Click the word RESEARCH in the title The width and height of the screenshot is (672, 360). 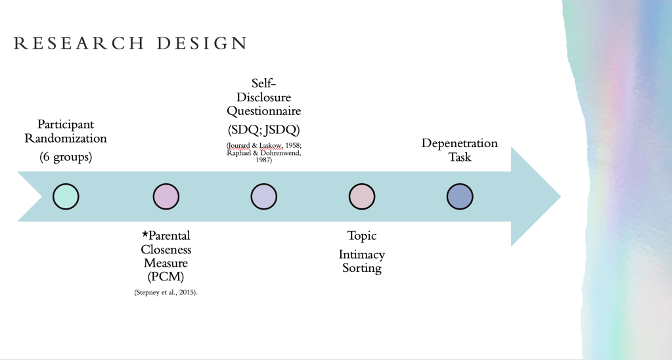coord(79,44)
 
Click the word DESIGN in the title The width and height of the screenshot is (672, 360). coord(202,44)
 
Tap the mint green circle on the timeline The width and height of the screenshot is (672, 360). coord(66,196)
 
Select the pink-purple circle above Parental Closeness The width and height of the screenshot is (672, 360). coord(166,196)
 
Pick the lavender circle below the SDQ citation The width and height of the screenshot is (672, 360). coord(264,196)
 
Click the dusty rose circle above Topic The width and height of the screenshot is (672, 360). coord(362,196)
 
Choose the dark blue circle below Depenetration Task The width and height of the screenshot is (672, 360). coord(460,196)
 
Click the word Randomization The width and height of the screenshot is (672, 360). coord(66,139)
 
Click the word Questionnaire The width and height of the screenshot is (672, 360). coord(264,111)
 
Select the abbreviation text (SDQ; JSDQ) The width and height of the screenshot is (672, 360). coord(264,127)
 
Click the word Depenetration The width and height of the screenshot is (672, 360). coord(460,143)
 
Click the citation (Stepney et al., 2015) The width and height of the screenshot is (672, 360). coord(166,291)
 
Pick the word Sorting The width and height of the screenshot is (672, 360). coord(362,268)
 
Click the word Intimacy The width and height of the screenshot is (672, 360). coord(362,254)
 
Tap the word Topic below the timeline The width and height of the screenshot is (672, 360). coord(362,236)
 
